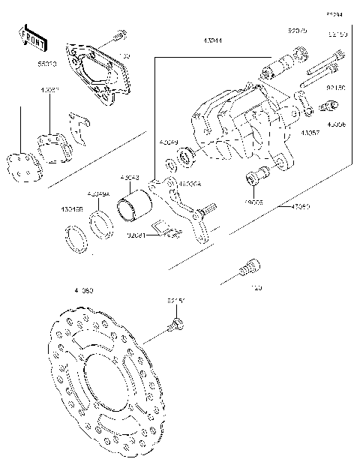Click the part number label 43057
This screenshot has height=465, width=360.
[311, 132]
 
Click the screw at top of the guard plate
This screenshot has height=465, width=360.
[118, 36]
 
